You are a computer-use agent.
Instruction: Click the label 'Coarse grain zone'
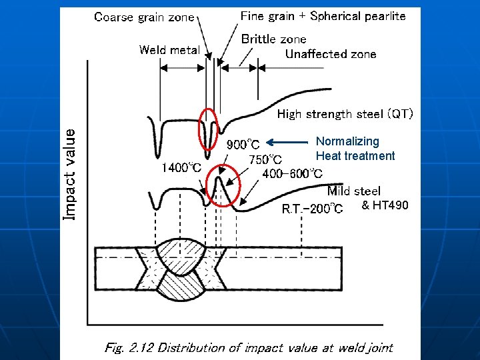point(145,17)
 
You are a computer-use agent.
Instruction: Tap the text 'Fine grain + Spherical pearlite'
point(323,16)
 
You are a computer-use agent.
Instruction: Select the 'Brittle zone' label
point(273,39)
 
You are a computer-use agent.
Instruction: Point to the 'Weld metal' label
point(169,50)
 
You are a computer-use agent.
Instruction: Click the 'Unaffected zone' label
point(331,55)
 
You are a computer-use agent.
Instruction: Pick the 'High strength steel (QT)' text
point(345,114)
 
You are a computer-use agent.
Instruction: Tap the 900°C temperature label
point(244,144)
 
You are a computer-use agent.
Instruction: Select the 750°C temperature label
point(265,159)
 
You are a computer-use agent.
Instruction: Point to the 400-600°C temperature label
point(293,174)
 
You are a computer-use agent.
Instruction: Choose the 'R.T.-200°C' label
point(312,209)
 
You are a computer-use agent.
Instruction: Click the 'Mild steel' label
point(353,191)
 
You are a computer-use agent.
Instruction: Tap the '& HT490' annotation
point(385,205)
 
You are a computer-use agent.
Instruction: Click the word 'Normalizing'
point(347,141)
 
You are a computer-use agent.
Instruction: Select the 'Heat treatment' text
point(355,156)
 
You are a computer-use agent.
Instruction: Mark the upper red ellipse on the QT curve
point(209,129)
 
